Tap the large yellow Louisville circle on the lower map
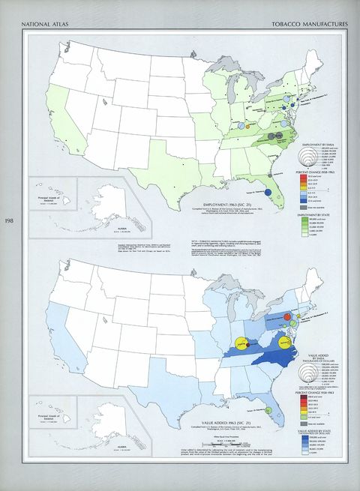[x=241, y=343]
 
